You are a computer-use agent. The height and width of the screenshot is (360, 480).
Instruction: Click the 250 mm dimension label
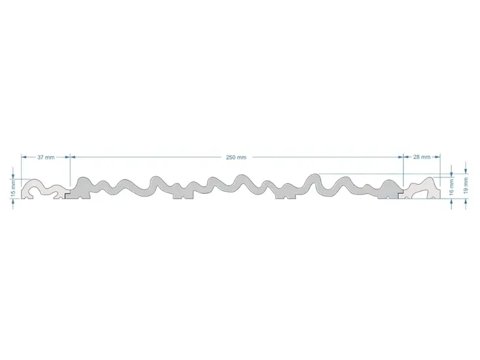(x=235, y=157)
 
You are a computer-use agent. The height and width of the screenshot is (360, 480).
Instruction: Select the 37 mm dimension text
(x=46, y=157)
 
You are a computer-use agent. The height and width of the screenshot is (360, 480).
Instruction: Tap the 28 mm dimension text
(x=422, y=157)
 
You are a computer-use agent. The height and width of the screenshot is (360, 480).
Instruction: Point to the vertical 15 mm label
(x=13, y=189)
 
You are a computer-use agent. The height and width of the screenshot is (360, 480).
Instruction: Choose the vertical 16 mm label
(x=451, y=187)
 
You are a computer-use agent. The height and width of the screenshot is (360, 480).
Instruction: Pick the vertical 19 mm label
(x=466, y=185)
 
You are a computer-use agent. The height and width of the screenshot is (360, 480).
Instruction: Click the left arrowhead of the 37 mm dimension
(x=24, y=157)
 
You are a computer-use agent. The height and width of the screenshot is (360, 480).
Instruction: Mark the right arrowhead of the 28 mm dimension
(x=437, y=157)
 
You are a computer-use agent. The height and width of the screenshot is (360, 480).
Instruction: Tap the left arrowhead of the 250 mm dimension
(x=73, y=157)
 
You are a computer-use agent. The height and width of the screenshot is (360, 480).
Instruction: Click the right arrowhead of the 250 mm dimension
(x=400, y=157)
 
